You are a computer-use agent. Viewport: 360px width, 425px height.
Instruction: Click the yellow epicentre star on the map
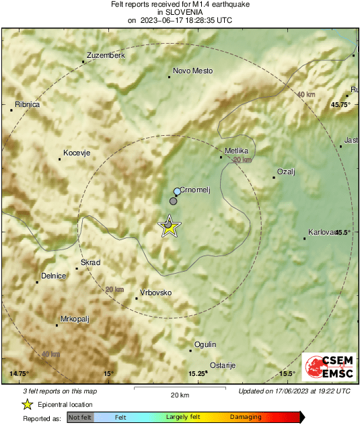pos(169,227)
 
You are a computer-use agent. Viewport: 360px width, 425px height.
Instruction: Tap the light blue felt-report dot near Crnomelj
pos(177,192)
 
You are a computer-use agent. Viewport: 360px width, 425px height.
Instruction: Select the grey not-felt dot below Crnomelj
pos(174,201)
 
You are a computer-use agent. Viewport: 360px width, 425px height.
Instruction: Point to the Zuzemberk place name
pos(106,55)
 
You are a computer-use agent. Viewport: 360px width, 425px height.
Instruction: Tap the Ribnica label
pos(26,104)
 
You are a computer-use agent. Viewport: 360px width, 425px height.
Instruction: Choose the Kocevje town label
pos(76,153)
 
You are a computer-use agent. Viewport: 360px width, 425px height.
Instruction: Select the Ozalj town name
pos(287,171)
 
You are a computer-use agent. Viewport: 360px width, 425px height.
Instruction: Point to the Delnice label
pos(53,276)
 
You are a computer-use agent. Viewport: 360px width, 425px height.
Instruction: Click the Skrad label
pos(90,262)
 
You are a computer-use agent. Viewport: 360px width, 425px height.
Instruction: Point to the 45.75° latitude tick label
pos(340,105)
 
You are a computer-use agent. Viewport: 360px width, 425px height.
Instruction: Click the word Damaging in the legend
pos(246,418)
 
